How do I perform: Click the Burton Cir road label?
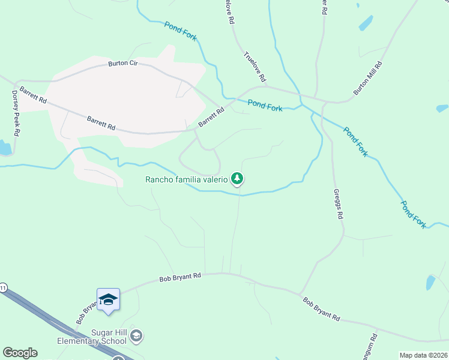123,64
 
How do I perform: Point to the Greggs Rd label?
338,204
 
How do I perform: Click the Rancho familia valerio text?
187,179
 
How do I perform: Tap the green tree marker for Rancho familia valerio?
238,178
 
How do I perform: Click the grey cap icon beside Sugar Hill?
136,336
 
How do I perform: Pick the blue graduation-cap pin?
108,299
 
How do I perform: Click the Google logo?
20,353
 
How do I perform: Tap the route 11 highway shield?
3,287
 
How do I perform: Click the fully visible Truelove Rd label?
255,67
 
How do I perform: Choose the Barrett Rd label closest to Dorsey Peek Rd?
33,95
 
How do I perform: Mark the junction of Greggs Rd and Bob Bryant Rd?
300,294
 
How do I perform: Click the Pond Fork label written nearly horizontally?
265,106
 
